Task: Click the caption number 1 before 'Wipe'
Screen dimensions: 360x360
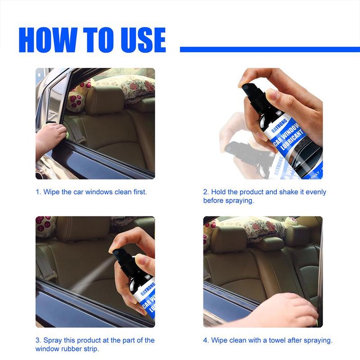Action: (x=38, y=192)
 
